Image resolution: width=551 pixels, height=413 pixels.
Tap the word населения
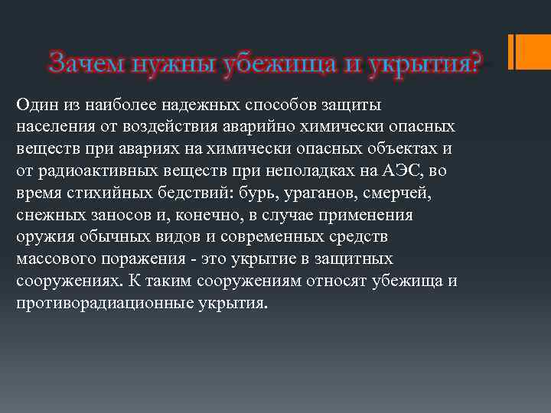53,125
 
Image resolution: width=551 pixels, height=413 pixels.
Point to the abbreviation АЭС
407,169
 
